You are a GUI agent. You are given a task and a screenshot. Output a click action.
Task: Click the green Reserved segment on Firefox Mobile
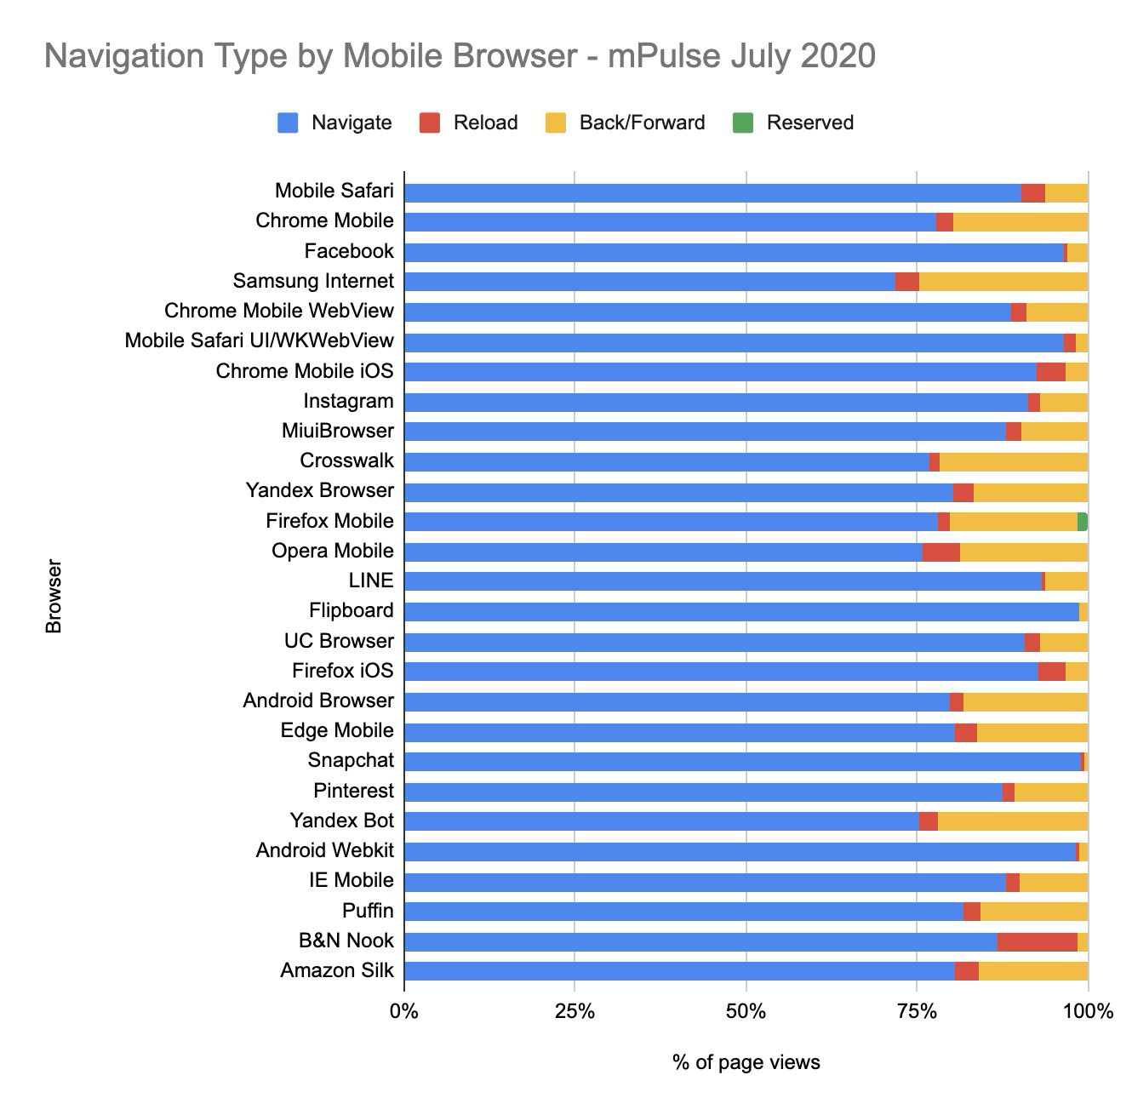(1083, 522)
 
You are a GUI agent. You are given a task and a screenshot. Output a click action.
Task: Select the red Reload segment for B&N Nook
(1037, 941)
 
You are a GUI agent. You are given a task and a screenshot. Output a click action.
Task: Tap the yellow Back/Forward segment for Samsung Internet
(1003, 282)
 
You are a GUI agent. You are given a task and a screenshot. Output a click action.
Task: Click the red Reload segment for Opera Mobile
(940, 552)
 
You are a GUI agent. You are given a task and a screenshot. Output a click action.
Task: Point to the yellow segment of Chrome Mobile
(1021, 222)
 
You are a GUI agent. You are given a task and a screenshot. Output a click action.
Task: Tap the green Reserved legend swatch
(743, 123)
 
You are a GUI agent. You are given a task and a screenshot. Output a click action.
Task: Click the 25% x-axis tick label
(575, 1011)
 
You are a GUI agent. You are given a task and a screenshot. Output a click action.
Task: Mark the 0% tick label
(403, 1011)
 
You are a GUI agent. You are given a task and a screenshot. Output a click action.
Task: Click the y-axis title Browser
(54, 596)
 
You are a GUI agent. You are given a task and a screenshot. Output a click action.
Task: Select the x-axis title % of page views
(746, 1061)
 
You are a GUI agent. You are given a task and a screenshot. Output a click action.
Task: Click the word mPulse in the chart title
(655, 56)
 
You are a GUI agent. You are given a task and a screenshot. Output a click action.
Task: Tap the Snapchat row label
(351, 761)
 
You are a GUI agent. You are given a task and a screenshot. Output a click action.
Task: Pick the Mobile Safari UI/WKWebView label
(259, 341)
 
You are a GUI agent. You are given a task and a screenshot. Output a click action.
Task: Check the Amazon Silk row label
(337, 971)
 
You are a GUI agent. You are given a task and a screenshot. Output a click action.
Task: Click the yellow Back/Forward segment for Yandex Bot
(1012, 821)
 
